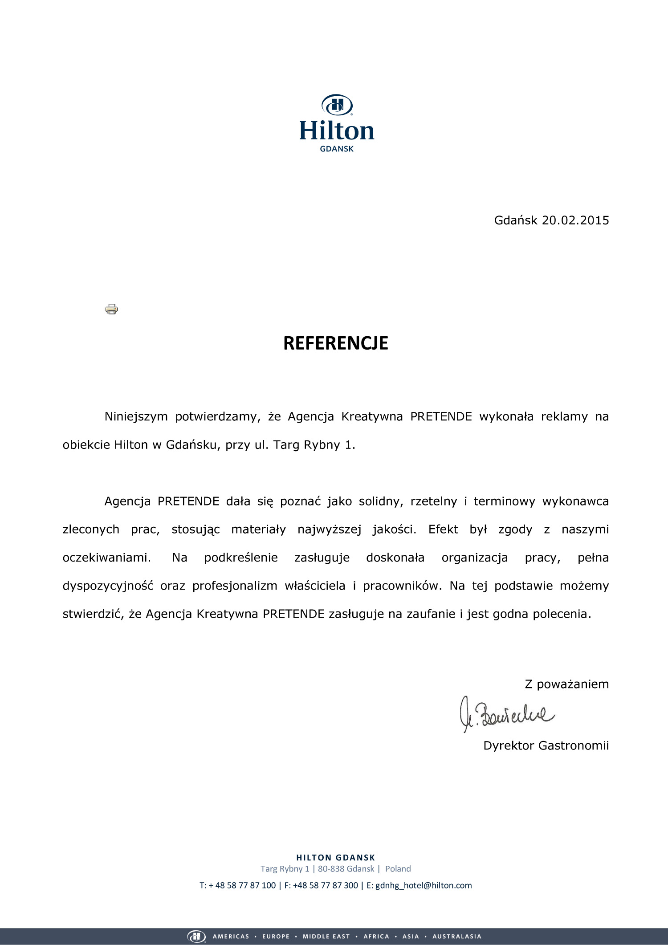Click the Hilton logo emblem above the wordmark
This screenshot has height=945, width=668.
point(337,105)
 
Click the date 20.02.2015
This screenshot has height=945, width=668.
point(575,220)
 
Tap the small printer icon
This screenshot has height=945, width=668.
point(111,309)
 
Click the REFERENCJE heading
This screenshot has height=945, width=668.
point(336,343)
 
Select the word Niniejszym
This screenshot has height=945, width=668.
point(136,417)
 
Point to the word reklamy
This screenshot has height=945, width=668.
point(564,417)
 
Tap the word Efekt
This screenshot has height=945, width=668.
point(443,530)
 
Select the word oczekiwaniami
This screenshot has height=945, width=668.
point(106,558)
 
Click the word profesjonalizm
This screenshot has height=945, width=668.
point(235,586)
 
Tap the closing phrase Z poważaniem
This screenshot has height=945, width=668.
point(566,684)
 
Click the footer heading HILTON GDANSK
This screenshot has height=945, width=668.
point(336,858)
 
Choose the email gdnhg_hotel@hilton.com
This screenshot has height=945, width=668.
point(424,885)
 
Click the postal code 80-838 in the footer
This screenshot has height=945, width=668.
point(330,869)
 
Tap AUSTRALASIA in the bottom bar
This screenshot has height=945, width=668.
point(456,937)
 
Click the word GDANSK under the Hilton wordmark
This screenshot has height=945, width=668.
point(337,149)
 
